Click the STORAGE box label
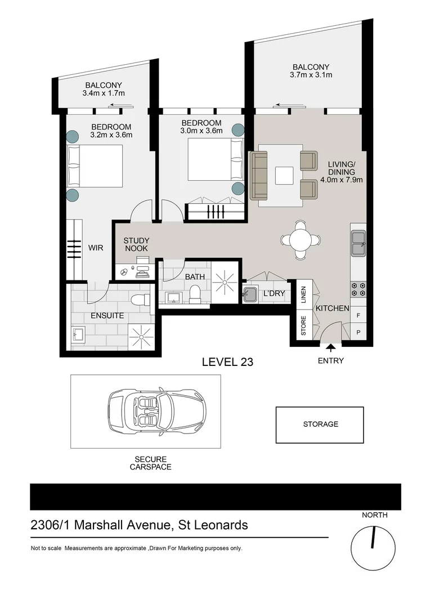(x=320, y=424)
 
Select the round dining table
(x=301, y=240)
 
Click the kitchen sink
(x=358, y=243)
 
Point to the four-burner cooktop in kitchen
(x=358, y=289)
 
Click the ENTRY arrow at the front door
(x=330, y=348)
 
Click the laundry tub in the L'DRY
(x=250, y=294)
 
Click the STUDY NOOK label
(x=136, y=244)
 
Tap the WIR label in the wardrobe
(x=96, y=247)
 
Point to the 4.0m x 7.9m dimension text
(x=342, y=180)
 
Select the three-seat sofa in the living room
(x=259, y=175)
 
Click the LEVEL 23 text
(x=227, y=362)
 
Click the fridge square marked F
(x=358, y=315)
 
